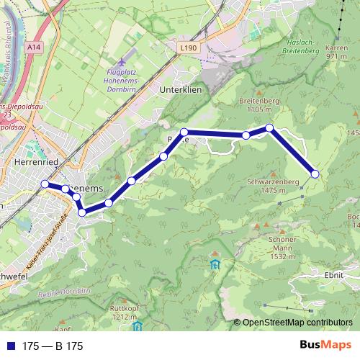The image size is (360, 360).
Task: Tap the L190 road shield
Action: (189, 48)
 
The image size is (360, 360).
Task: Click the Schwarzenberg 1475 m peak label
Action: (271, 186)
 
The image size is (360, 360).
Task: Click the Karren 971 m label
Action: (337, 52)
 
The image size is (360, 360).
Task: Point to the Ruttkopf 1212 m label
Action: (124, 311)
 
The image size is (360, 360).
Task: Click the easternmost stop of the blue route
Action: (315, 174)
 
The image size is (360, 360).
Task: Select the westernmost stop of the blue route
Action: (45, 184)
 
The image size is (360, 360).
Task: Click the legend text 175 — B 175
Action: (53, 346)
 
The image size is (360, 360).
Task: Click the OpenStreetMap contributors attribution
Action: (297, 323)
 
